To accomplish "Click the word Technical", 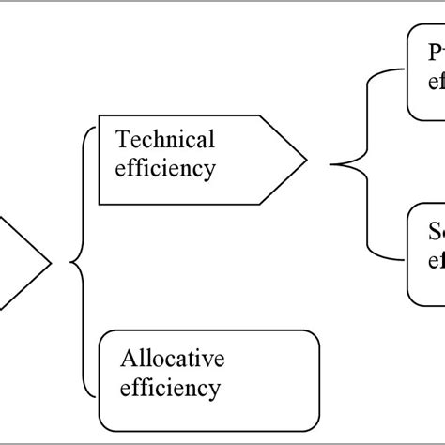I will (164, 139).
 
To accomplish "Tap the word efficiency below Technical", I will (164, 169).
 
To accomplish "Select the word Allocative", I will (173, 358).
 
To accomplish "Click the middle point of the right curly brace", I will (331, 165).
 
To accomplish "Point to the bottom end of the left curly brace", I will (95, 395).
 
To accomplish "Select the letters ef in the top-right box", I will (437, 81).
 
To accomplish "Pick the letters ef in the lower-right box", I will (437, 259).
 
